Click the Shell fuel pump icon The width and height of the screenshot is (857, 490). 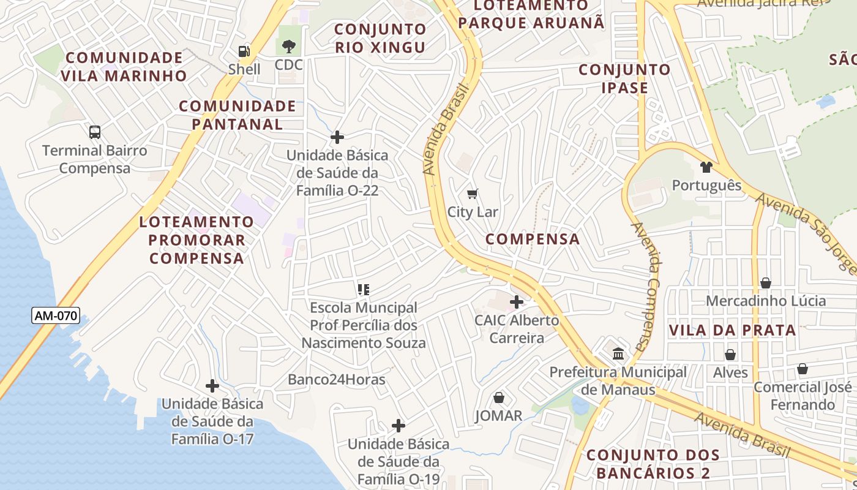coord(244,51)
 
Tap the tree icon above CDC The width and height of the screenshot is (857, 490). coord(288,46)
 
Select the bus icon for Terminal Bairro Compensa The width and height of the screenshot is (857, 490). coord(95,132)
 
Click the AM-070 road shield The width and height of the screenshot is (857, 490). coord(56,316)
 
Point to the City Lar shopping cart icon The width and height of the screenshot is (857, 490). coord(472,194)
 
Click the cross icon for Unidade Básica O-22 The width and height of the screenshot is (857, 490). coord(337,137)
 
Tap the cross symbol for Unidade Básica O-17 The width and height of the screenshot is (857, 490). coord(212,386)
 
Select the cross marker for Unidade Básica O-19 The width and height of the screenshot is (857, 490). coord(399,426)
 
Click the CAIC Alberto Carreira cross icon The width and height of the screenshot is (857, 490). coord(517,302)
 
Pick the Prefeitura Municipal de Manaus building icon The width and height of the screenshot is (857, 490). coord(618,354)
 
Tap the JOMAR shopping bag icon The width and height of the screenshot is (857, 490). coord(499,398)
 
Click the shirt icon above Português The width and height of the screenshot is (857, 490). coord(706,167)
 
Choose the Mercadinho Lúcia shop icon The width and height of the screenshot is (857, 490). coord(766,282)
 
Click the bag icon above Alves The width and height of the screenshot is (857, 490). coord(730,355)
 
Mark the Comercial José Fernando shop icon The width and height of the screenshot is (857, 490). coord(802,369)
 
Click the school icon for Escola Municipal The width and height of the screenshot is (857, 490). coord(364,289)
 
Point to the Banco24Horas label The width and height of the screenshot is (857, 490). coord(337,380)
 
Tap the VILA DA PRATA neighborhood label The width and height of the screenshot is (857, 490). coord(732,331)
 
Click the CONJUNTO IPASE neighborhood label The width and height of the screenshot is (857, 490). coord(624,78)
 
